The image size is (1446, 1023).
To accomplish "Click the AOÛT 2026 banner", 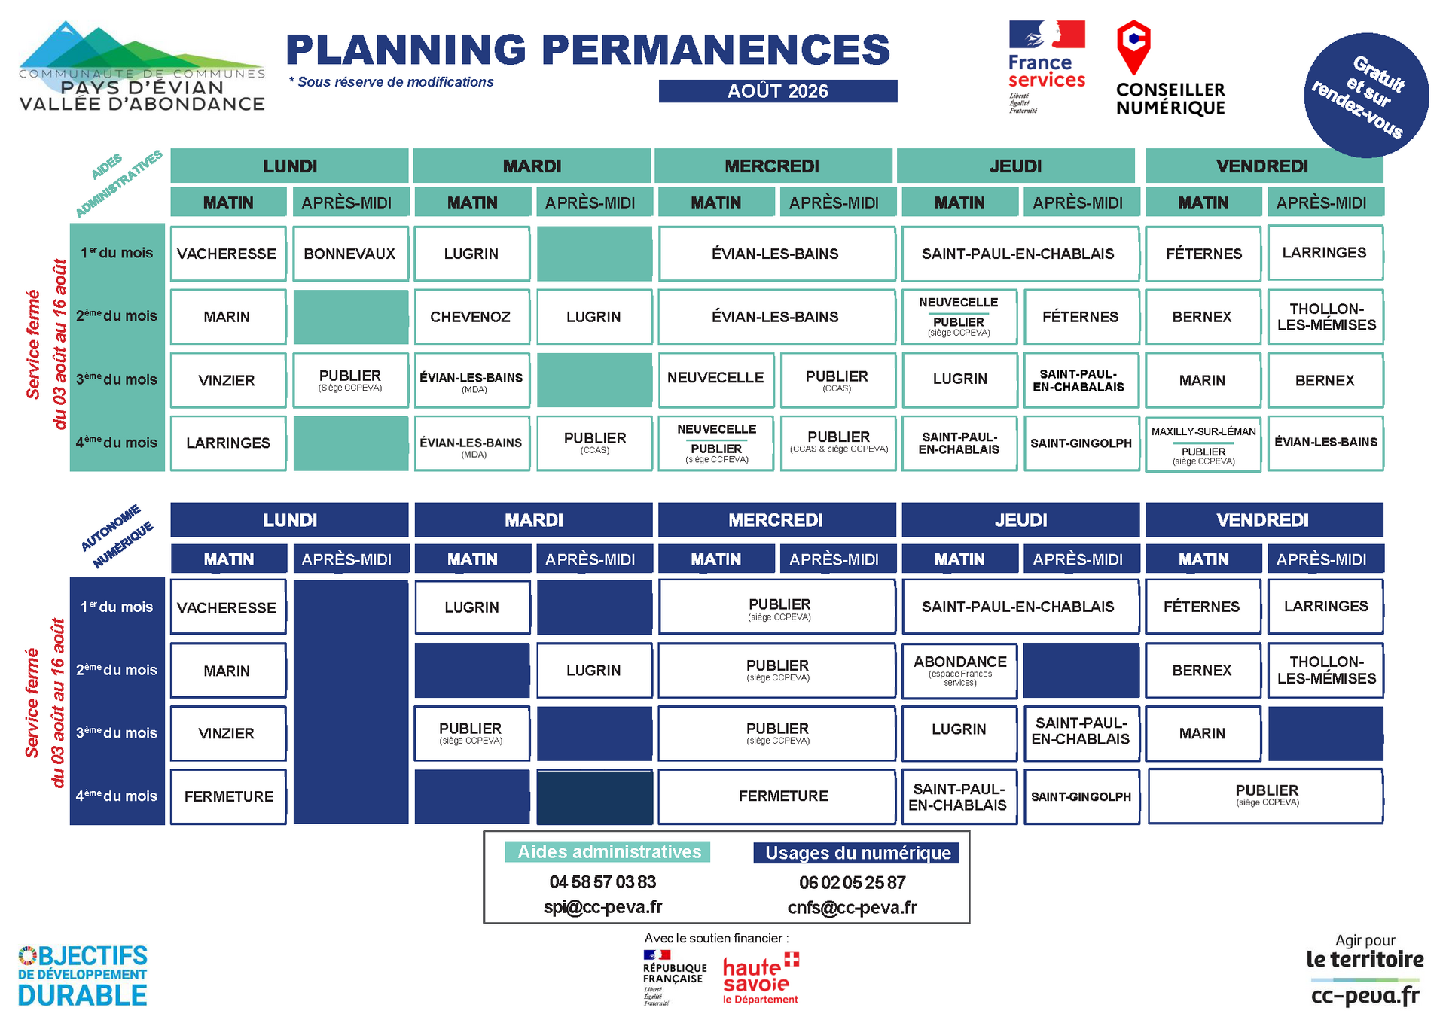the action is pos(778,91).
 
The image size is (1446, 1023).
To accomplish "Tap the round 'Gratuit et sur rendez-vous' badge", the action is pos(1366,96).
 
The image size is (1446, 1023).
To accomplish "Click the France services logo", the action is pos(1047,67).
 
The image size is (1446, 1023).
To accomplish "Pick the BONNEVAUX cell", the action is pos(350,254).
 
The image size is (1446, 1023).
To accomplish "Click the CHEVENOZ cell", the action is pos(471,317).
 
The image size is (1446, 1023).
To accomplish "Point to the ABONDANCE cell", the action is pos(959,670).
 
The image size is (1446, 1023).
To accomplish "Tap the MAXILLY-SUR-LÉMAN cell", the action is pos(1203,444).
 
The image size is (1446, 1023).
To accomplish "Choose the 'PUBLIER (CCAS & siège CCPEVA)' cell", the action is pos(838,443).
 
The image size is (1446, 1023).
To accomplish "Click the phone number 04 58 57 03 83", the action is pos(602,882).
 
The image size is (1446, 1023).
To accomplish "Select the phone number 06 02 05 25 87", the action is pos(853,883).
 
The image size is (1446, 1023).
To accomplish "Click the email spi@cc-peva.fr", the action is pos(603,908).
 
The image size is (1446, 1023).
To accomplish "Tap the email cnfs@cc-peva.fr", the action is pos(853,908).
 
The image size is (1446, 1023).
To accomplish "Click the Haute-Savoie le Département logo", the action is pos(761,979).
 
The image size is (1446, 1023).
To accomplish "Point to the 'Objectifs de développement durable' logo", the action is pos(83,976).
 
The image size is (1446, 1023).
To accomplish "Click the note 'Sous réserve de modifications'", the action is pos(392,82).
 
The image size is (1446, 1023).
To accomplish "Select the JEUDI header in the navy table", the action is pos(1020,520).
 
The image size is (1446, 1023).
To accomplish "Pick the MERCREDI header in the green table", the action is pos(772,166).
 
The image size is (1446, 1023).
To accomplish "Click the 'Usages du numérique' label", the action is pos(857,853).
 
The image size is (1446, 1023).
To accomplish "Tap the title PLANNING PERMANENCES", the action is pos(588,50).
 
